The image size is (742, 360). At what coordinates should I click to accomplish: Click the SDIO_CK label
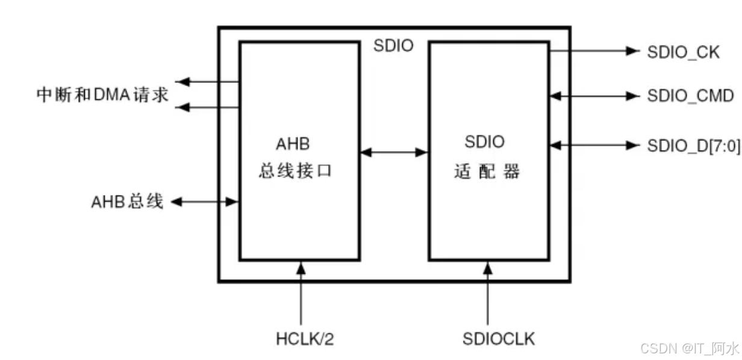coord(683,52)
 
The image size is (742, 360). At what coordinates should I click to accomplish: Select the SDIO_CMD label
coord(690,96)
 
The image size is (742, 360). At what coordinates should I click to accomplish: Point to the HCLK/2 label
coord(301,339)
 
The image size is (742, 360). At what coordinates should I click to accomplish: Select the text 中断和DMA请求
coord(102,95)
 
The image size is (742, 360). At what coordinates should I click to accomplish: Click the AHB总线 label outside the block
coord(127,202)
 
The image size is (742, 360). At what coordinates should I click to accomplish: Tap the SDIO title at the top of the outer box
coord(393,46)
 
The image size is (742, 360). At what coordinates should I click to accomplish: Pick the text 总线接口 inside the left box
coord(296,172)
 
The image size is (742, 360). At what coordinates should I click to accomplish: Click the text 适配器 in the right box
coord(487,172)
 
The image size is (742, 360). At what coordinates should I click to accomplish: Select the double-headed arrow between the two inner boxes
coord(394,153)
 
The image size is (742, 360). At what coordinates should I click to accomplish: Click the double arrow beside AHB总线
coord(205,202)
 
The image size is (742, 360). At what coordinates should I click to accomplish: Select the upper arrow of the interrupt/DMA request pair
coord(208,81)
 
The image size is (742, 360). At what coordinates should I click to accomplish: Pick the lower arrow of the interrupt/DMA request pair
coord(208,107)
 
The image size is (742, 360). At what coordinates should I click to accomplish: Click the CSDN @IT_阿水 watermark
coord(689,348)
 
